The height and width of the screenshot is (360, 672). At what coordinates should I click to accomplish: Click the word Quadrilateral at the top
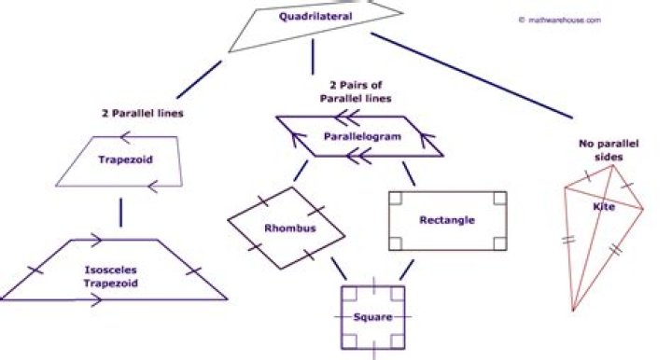315,17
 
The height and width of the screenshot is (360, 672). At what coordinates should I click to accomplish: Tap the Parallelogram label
362,136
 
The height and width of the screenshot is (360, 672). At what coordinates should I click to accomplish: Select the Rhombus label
290,228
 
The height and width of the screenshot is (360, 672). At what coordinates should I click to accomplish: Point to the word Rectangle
447,220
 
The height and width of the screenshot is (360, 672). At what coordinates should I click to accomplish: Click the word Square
372,317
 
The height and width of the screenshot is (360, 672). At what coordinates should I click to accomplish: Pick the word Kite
604,207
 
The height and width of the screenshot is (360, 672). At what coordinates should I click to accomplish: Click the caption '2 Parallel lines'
142,114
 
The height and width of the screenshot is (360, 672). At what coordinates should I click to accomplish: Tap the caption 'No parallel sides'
609,150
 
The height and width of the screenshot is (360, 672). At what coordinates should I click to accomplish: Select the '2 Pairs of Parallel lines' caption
356,91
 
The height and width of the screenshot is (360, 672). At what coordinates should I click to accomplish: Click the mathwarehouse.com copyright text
560,21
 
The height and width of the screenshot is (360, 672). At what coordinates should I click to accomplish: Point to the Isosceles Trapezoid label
111,276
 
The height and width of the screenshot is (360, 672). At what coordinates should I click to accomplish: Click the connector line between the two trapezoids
120,213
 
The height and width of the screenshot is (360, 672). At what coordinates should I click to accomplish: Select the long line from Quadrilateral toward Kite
471,76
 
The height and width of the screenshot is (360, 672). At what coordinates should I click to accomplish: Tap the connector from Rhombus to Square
339,269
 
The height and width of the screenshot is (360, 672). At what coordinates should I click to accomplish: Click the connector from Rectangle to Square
407,270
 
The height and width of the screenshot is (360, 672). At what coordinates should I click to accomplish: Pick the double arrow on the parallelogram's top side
347,118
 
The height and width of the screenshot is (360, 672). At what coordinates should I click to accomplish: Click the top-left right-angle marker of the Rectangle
395,199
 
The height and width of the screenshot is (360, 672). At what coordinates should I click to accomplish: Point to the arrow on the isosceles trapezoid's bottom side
95,300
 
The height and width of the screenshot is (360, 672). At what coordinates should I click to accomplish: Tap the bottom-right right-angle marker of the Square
398,342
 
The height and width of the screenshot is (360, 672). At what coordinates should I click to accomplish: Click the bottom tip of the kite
573,312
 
